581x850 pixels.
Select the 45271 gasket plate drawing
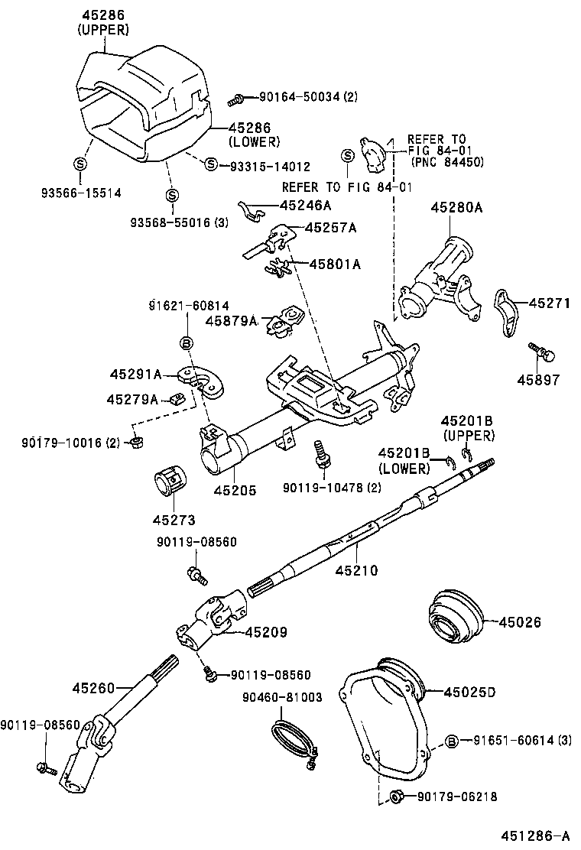click(505, 311)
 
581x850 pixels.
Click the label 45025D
click(470, 693)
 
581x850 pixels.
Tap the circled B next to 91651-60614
click(452, 741)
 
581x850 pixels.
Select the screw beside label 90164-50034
click(237, 99)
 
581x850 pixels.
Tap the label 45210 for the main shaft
click(355, 569)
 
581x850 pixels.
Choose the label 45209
click(266, 631)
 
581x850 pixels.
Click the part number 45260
click(96, 688)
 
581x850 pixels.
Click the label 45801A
click(334, 264)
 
